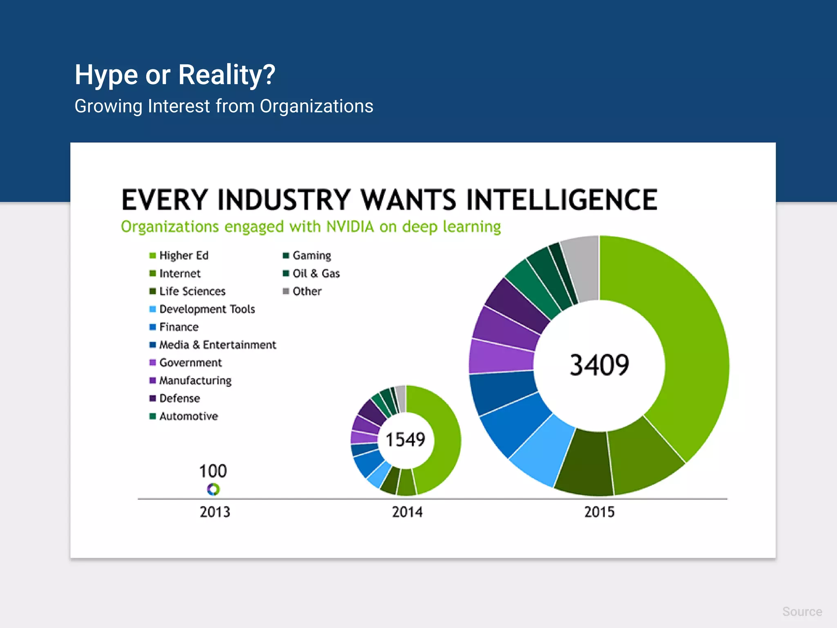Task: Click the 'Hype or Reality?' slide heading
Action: (x=175, y=75)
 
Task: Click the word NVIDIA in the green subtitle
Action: (x=350, y=227)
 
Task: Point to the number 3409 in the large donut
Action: (x=599, y=365)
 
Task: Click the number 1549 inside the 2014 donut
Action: (x=405, y=440)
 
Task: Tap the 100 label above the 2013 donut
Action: (x=213, y=471)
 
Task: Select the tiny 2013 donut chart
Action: (x=213, y=489)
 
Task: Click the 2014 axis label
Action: (x=407, y=512)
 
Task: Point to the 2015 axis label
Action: (x=599, y=512)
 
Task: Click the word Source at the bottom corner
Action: (x=802, y=612)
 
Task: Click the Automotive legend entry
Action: (x=188, y=416)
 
